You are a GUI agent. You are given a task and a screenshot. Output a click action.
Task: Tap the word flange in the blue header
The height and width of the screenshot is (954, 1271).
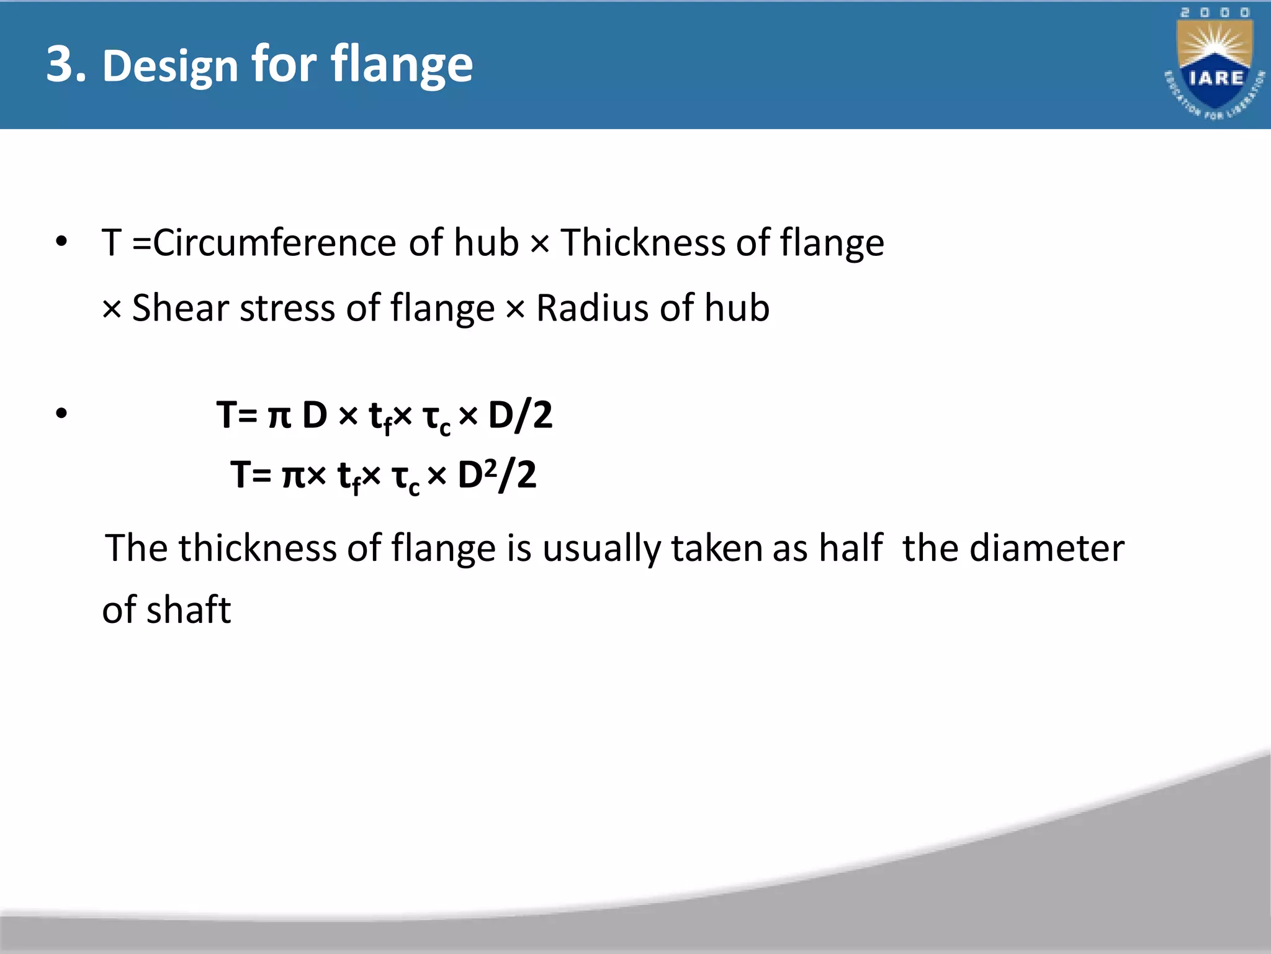pyautogui.click(x=402, y=66)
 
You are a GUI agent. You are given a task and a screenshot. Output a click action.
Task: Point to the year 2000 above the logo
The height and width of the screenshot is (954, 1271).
pyautogui.click(x=1215, y=13)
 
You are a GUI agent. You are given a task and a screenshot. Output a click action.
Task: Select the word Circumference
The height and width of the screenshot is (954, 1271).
pyautogui.click(x=274, y=242)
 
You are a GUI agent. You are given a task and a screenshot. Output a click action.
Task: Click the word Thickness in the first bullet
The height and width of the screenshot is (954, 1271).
pyautogui.click(x=642, y=242)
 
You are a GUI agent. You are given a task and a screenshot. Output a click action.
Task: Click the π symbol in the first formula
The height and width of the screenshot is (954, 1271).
pyautogui.click(x=279, y=416)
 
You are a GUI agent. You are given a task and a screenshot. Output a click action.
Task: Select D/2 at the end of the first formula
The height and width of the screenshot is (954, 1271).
pyautogui.click(x=520, y=416)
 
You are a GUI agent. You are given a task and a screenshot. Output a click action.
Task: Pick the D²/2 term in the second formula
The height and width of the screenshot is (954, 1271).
pyautogui.click(x=496, y=476)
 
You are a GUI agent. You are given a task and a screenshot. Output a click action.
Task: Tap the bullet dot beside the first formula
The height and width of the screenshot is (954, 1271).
pyautogui.click(x=61, y=413)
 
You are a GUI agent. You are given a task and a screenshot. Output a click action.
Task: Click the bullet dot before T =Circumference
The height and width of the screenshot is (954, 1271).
pyautogui.click(x=61, y=242)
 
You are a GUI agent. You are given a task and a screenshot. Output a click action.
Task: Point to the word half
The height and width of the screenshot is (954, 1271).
pyautogui.click(x=850, y=548)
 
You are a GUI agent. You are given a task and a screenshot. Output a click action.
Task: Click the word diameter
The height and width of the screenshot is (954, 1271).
pyautogui.click(x=1046, y=548)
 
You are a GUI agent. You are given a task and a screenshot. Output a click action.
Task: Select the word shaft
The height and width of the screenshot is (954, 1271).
pyautogui.click(x=189, y=610)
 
